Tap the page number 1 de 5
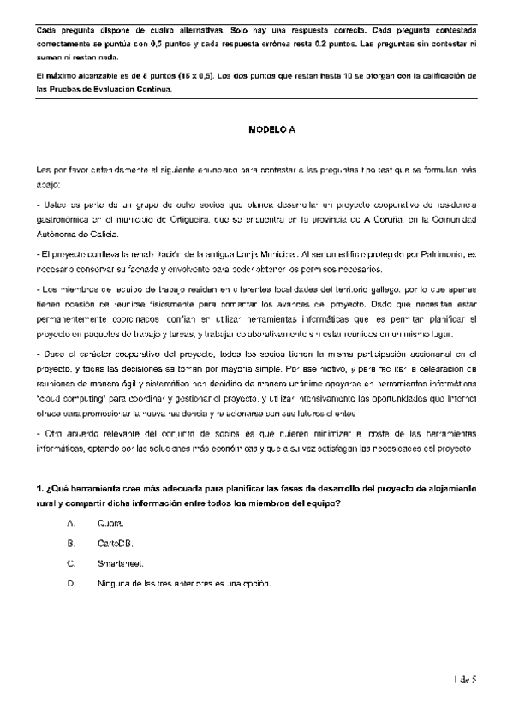point(464,680)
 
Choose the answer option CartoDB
point(115,543)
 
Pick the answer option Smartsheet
point(121,563)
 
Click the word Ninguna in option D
point(114,584)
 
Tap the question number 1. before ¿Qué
point(40,488)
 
